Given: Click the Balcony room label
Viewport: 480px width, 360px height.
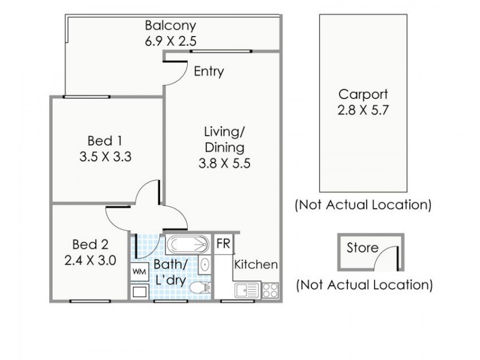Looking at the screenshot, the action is (x=170, y=25).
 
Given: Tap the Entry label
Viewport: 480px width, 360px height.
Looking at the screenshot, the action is (x=209, y=71).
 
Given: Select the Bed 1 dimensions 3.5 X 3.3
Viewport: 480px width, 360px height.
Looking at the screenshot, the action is (x=106, y=157).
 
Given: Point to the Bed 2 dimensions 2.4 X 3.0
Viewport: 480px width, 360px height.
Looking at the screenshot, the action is (x=91, y=260).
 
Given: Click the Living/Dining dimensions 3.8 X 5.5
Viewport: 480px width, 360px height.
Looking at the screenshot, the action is (x=224, y=163).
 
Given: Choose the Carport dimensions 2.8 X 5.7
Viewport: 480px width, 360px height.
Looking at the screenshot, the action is (x=363, y=110).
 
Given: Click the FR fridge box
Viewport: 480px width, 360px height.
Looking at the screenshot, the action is (x=223, y=244).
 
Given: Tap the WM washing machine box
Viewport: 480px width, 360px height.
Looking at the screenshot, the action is (x=139, y=272).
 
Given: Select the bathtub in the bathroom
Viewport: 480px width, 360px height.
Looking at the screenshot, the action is (x=188, y=245).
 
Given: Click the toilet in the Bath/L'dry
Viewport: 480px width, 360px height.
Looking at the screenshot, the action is (x=200, y=288).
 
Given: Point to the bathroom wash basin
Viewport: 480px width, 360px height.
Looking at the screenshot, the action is (x=204, y=264).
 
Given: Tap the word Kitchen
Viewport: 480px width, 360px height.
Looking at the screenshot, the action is (x=256, y=265).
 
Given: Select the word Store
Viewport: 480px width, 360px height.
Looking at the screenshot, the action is (x=362, y=248).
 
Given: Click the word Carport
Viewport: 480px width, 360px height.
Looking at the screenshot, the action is (x=363, y=94).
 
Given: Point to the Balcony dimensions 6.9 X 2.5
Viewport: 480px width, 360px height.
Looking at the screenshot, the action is (x=170, y=41).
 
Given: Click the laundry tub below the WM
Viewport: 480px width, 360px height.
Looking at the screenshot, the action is (x=140, y=292).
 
